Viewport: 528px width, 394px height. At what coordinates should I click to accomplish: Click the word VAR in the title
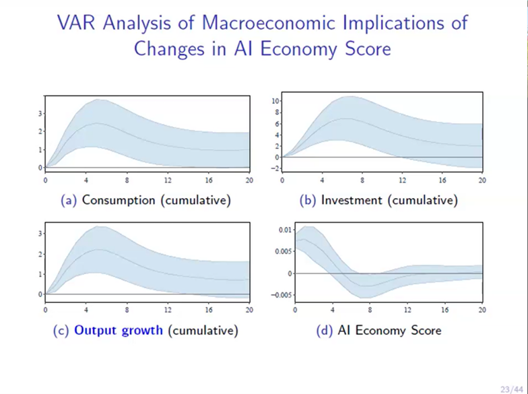(77, 24)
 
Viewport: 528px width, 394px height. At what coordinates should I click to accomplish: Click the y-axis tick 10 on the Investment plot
(275, 101)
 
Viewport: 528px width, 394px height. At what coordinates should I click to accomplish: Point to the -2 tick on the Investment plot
(275, 168)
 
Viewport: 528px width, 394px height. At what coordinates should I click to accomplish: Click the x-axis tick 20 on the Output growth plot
(249, 310)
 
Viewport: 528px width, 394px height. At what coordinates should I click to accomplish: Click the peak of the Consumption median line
(98, 123)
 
